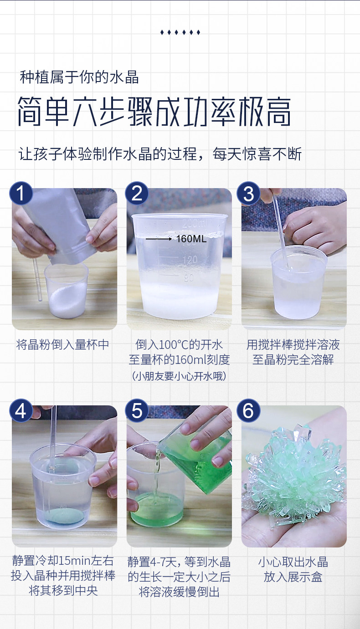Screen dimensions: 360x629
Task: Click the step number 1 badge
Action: coord(21,193)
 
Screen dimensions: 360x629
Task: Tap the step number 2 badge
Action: coord(137,193)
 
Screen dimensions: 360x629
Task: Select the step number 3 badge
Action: coord(248,193)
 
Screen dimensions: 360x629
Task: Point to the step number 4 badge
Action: coord(21,410)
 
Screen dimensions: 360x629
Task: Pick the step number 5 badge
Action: coord(137,410)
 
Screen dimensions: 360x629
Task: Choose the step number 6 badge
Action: coord(248,410)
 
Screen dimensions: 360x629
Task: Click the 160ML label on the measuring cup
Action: coord(191,239)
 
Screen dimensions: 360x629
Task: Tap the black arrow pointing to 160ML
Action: coord(159,239)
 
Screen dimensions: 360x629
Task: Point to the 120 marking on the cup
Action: coord(190,260)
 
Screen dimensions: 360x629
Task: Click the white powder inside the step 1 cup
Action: coord(67,300)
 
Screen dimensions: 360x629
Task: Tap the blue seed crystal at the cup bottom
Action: coord(64,516)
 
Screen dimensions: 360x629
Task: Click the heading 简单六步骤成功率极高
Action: coord(154,112)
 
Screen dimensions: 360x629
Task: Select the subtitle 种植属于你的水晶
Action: coord(79,77)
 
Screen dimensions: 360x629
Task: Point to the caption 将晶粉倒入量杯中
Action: coord(62,344)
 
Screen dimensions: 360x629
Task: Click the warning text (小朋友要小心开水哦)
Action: coord(179,376)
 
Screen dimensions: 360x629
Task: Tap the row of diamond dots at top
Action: coord(180,32)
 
